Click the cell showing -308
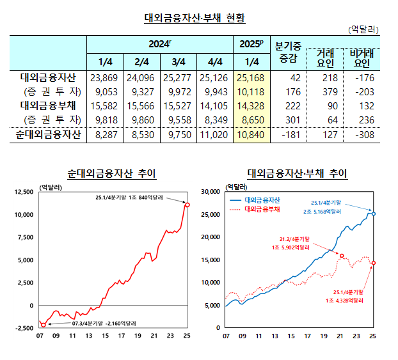coord(362,134)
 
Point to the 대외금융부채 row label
coord(49,106)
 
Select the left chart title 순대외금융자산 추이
coord(111,173)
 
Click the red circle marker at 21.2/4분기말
coord(342,255)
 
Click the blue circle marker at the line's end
coord(374,214)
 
